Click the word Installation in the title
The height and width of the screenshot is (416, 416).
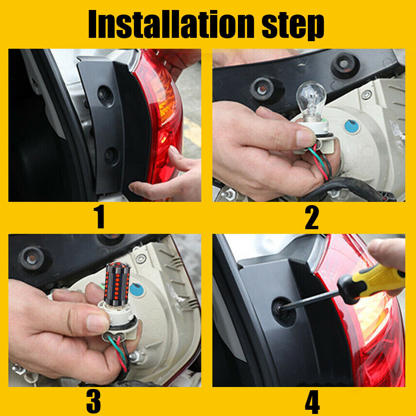171,24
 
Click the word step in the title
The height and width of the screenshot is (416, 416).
293,26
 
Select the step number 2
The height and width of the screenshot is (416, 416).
312,218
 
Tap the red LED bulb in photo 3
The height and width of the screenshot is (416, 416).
116,283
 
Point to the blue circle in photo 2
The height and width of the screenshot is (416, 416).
352,126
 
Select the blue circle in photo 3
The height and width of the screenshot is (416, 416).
137,290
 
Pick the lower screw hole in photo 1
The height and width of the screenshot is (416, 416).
111,156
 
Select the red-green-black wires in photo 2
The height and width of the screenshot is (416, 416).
320,162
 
